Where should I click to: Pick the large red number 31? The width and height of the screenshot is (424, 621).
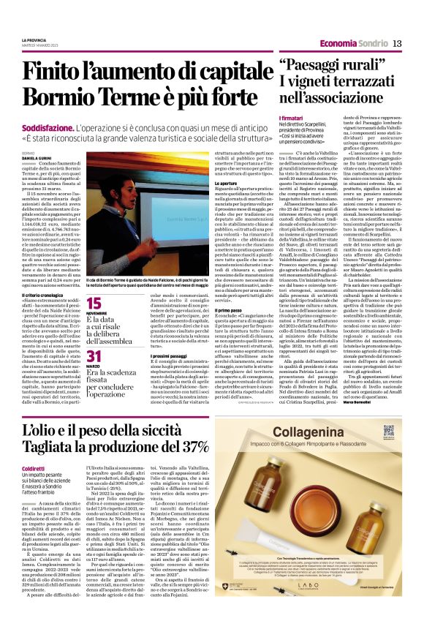click(94, 356)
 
